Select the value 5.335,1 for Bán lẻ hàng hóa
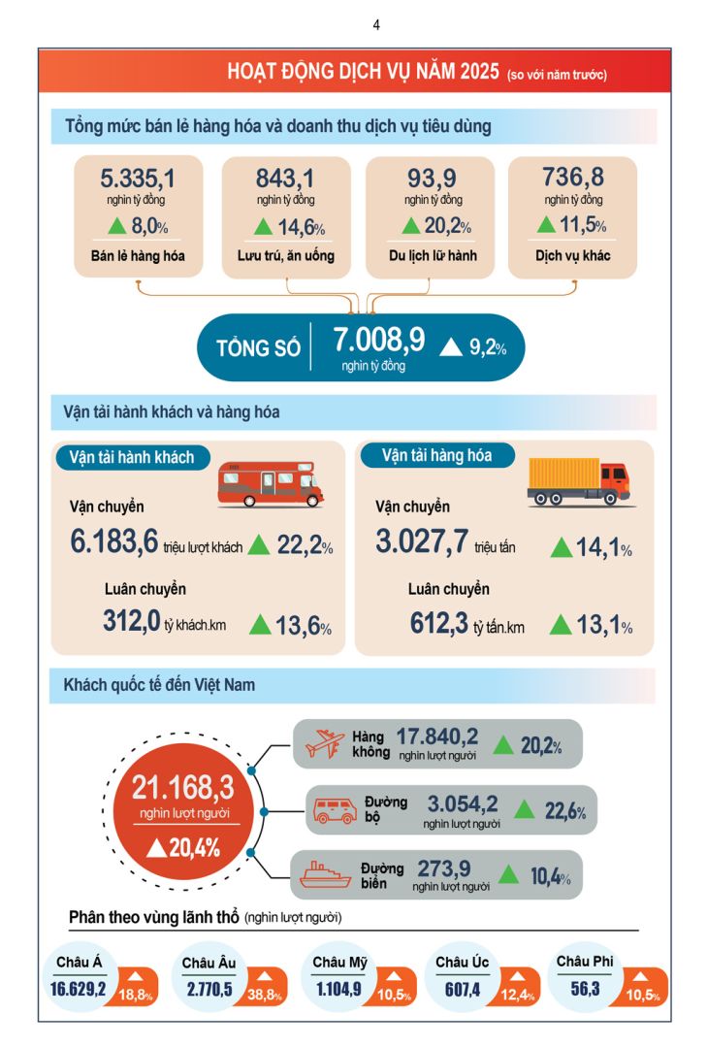tap(138, 179)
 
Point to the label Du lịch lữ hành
tap(430, 257)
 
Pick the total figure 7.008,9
tap(379, 341)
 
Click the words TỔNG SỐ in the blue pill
tap(258, 347)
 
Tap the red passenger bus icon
tap(269, 483)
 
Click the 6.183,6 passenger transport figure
tap(113, 543)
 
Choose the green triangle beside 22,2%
tap(259, 545)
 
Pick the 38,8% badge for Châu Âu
tap(266, 994)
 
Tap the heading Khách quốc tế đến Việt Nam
tap(159, 685)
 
